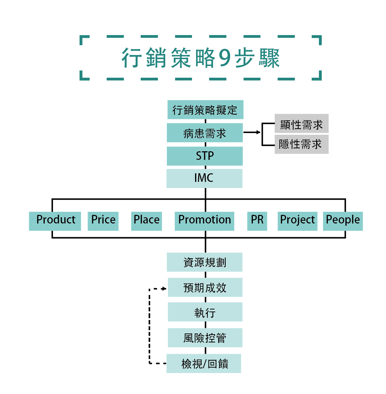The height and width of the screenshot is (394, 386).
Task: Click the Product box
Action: coord(55,221)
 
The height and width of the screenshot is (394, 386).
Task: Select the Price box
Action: coord(103,221)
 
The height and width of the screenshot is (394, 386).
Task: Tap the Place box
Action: coord(147,221)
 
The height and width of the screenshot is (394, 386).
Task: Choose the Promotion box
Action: coord(205,221)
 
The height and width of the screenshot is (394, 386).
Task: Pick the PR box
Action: coord(257,221)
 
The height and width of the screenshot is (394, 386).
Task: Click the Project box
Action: coord(297,221)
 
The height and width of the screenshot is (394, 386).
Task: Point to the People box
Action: coord(343,221)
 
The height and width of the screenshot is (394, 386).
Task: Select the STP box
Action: coord(205,156)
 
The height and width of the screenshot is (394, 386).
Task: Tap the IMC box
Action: coord(204,178)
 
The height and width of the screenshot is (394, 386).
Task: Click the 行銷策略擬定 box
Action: coord(205,110)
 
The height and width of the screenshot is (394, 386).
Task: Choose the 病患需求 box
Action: coord(205,133)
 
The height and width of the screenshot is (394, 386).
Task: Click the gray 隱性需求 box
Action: coord(301,144)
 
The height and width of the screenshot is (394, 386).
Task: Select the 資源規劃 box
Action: coord(205,262)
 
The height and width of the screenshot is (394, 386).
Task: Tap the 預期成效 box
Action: coord(205,287)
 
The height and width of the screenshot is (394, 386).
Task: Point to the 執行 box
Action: coord(205,312)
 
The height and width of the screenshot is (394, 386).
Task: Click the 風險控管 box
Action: coord(205,338)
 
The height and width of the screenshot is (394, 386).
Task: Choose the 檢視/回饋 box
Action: coord(204,363)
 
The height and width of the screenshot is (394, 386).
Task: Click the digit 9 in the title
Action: coord(224,58)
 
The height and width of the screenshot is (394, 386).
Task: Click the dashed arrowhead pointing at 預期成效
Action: coord(164,289)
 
